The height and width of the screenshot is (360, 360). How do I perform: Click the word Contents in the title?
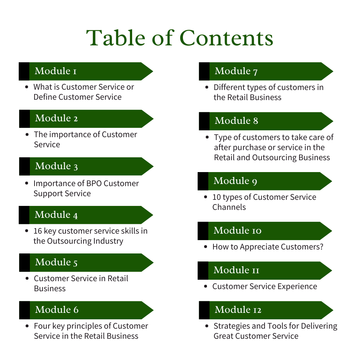pyautogui.click(x=226, y=38)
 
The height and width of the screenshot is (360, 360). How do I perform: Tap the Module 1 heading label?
pyautogui.click(x=55, y=71)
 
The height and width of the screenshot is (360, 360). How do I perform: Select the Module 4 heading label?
pyautogui.click(x=56, y=215)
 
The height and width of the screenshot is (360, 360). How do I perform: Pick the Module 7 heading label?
pyautogui.click(x=236, y=71)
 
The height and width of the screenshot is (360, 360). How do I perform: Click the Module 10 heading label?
pyautogui.click(x=238, y=230)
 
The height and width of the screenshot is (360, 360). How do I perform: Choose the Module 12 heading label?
pyautogui.click(x=238, y=310)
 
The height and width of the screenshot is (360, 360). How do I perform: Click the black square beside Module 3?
pyautogui.click(x=24, y=166)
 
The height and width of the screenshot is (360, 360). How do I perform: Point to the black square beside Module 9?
pyautogui.click(x=203, y=181)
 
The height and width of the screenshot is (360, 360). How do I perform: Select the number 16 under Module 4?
pyautogui.click(x=38, y=231)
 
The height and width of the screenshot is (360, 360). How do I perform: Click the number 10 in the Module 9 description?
pyautogui.click(x=217, y=197)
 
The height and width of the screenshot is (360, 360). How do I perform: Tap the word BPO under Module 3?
pyautogui.click(x=95, y=183)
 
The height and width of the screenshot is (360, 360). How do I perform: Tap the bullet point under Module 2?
pyautogui.click(x=27, y=135)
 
